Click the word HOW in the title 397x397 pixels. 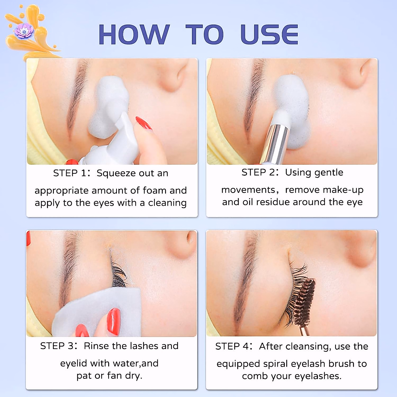coord(134,34)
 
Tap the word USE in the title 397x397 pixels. coord(269,34)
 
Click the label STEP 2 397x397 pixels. coord(258,172)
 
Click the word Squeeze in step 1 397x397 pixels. coord(116,173)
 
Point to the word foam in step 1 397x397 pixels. coord(154,191)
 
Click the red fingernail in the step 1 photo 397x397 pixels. coord(144,123)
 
